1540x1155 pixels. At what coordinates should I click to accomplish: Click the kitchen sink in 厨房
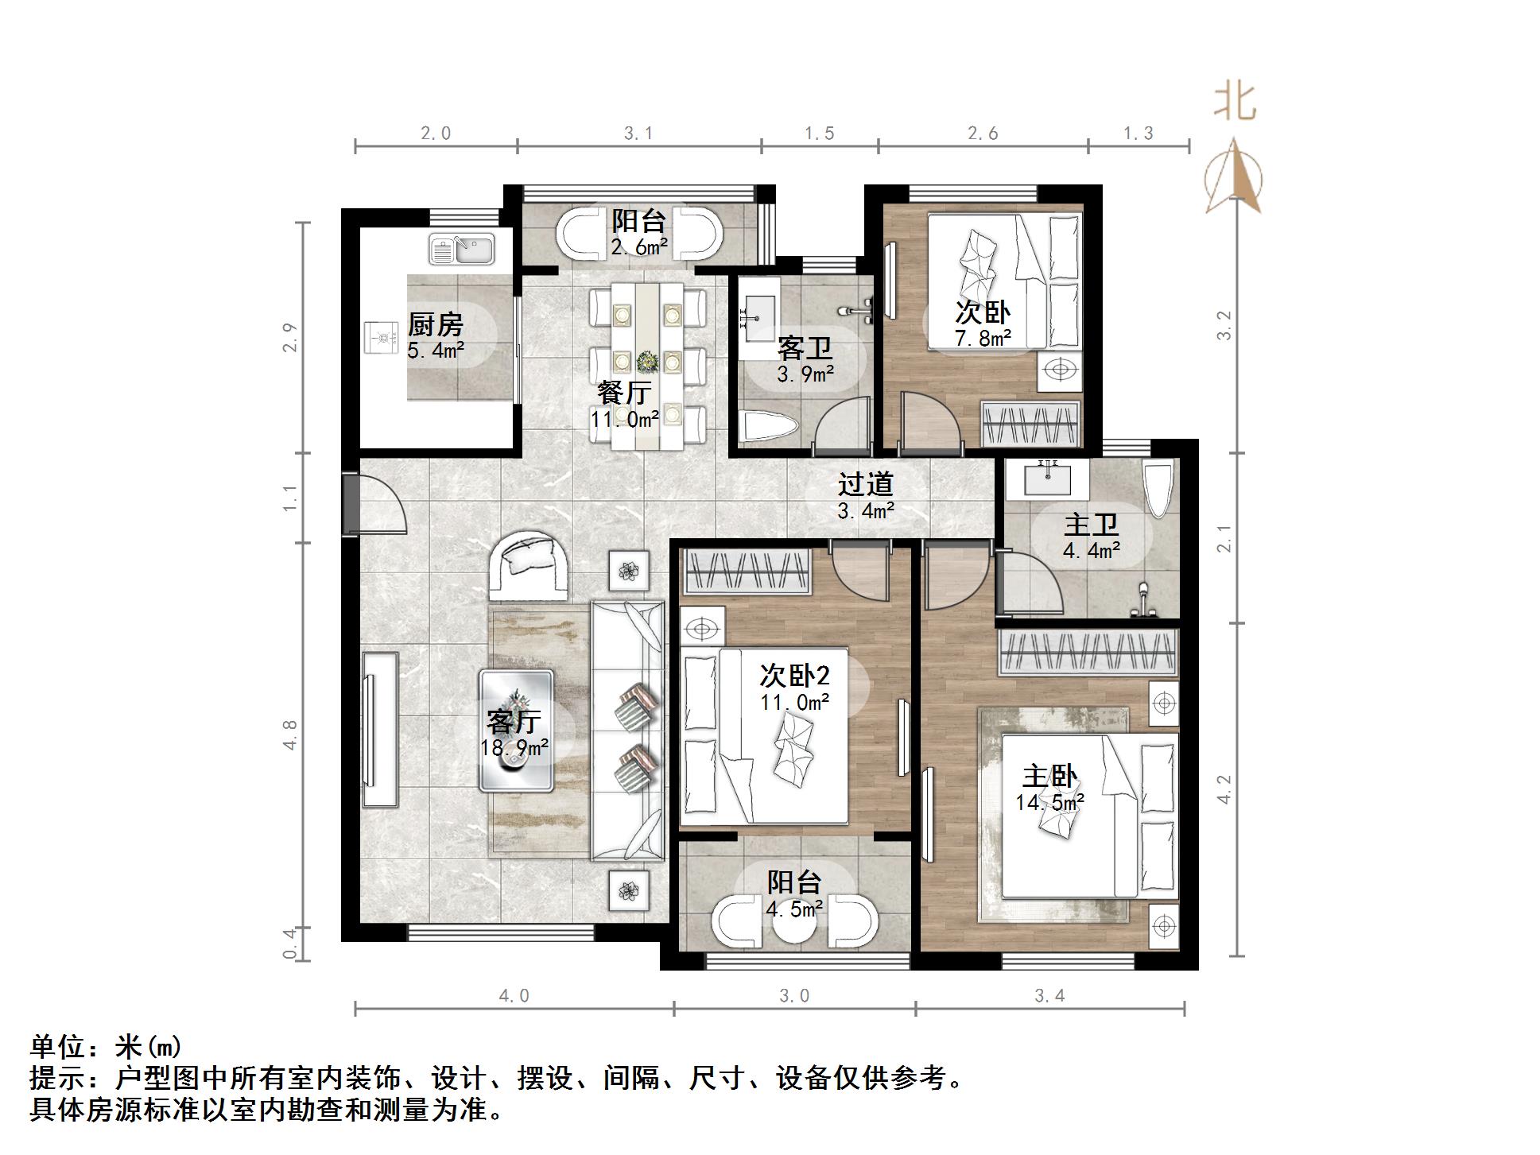pyautogui.click(x=461, y=249)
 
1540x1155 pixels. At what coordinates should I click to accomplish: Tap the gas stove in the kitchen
pyautogui.click(x=381, y=337)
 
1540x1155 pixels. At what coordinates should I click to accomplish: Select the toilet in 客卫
pyautogui.click(x=766, y=427)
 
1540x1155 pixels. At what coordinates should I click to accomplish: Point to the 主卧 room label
pyautogui.click(x=1049, y=777)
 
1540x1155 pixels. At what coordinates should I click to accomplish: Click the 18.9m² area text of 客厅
pyautogui.click(x=514, y=748)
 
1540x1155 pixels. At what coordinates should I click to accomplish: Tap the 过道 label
pyautogui.click(x=865, y=484)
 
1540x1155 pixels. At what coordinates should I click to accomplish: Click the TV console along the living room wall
pyautogui.click(x=380, y=730)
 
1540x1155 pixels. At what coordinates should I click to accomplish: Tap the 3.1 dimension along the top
pyautogui.click(x=638, y=134)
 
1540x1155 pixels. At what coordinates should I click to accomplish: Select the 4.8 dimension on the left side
pyautogui.click(x=290, y=734)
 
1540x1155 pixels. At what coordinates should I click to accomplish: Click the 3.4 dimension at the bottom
pyautogui.click(x=1049, y=996)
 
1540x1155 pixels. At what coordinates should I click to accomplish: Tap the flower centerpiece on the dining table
pyautogui.click(x=647, y=362)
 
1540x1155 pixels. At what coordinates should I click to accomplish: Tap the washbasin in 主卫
pyautogui.click(x=1046, y=479)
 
